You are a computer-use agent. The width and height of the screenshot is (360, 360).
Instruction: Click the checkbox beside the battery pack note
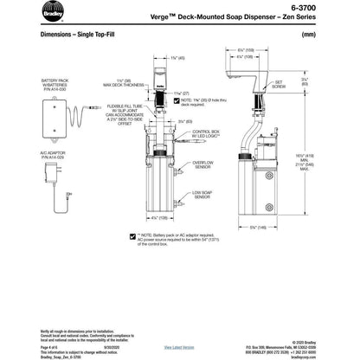131,235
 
